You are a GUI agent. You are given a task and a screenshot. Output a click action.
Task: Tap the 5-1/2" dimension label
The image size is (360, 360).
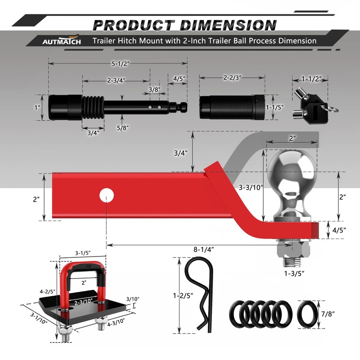(121, 63)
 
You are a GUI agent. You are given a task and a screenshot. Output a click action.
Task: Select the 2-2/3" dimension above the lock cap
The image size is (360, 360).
(232, 77)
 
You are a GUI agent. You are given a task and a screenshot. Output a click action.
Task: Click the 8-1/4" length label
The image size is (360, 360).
(204, 249)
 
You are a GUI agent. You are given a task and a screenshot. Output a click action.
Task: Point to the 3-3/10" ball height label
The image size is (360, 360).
(251, 188)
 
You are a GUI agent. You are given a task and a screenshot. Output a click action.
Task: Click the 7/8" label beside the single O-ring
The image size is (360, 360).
(328, 314)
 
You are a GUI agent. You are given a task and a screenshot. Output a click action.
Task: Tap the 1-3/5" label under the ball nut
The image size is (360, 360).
(294, 274)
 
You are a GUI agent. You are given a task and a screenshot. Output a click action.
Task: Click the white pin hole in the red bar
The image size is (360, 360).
(107, 195)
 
